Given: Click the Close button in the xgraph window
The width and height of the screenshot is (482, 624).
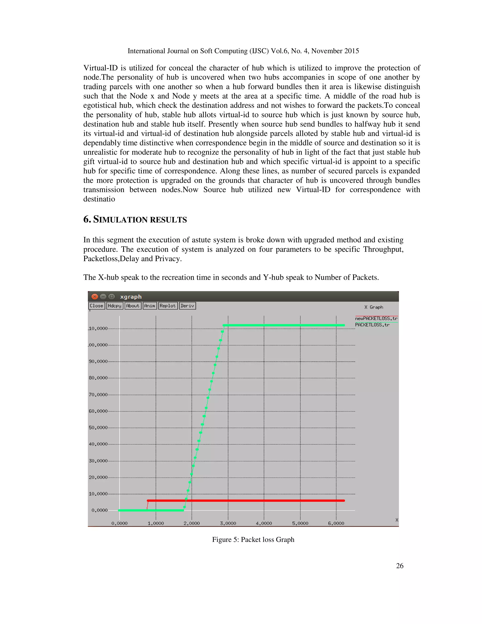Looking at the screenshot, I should coord(96,306).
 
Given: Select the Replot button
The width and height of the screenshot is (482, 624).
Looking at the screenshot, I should coord(168,306).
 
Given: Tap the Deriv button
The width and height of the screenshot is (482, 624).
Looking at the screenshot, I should coord(187,306).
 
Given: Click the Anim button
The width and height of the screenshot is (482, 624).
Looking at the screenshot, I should coord(150,306).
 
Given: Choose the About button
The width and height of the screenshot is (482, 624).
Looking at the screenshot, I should coord(133,306).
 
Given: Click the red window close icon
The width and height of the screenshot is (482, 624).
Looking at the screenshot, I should coord(95,296).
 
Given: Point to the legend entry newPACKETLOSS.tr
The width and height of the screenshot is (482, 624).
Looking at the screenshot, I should coord(376,318).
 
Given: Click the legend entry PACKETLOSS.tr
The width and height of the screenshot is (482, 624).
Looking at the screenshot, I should coord(372,325).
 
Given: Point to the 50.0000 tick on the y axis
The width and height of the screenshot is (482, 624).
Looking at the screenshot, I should coord(98,428).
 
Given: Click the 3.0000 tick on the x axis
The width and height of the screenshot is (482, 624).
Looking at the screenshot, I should coord(228,523).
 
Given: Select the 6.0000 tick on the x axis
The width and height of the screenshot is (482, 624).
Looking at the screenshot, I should coord(336,523).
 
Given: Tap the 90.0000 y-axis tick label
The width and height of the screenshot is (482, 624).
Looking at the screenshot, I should coord(98,361).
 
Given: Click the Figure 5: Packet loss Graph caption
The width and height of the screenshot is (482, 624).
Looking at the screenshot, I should coord(253,539).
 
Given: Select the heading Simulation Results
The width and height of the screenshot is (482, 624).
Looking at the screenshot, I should coord(135,219).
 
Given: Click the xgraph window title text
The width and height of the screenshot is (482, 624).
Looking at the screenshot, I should coord(131,296).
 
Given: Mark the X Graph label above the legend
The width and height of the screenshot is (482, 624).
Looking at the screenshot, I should coord(374,307).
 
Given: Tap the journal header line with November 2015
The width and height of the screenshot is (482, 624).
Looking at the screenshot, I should coord(243,51).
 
